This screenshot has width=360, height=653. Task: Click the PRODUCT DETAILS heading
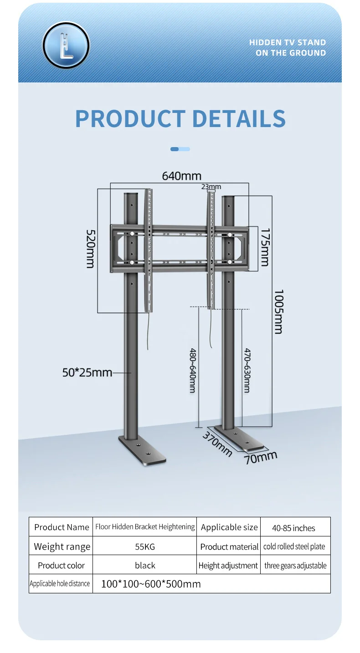pos(180,118)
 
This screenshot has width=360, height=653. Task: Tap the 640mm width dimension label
pos(182,176)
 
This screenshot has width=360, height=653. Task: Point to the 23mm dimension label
pos(211,187)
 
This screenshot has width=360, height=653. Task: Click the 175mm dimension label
pos(265,247)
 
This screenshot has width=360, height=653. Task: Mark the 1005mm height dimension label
pos(278,311)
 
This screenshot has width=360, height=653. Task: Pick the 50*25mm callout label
pos(87,372)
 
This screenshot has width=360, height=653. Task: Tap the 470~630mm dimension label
pos(247,370)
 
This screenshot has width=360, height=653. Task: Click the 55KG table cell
pos(145,546)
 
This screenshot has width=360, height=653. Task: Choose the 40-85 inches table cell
pos(293,528)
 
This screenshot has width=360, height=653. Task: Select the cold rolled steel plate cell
pos(294,546)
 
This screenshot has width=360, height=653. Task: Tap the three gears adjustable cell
pos(295,566)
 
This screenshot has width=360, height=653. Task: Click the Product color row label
pos(62,566)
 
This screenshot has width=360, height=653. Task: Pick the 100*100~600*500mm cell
pos(151,584)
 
